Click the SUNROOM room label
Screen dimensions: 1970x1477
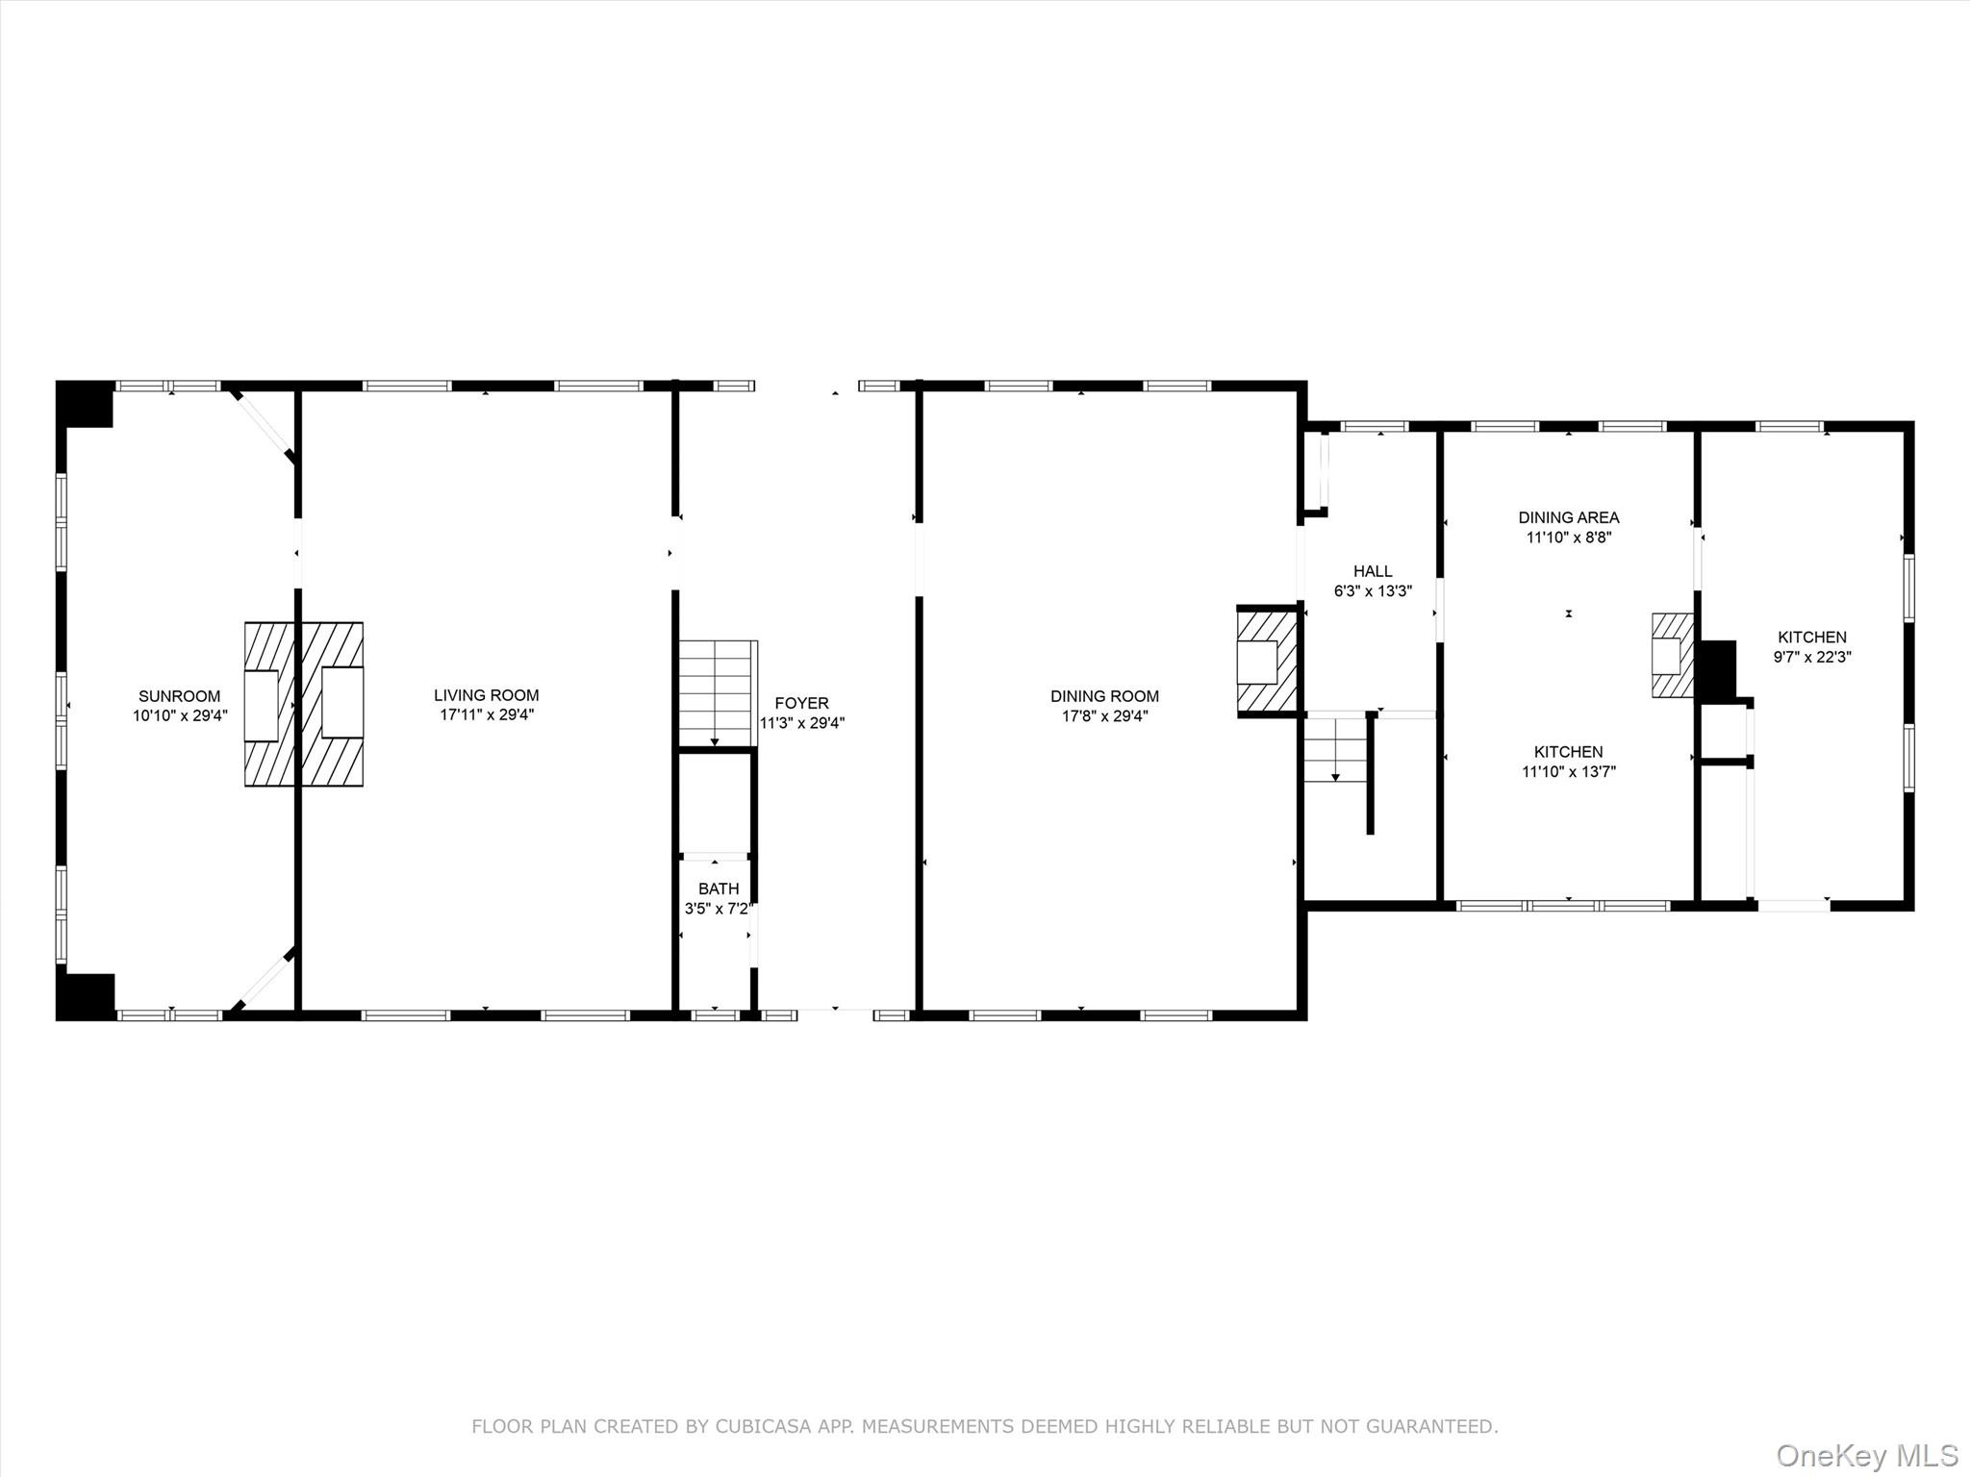[179, 696]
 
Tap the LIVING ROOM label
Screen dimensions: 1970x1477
[486, 695]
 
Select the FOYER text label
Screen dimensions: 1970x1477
[801, 703]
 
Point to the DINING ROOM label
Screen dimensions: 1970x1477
[1104, 696]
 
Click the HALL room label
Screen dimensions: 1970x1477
[1373, 571]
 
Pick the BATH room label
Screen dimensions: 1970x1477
[719, 889]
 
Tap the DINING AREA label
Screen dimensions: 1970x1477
[1569, 517]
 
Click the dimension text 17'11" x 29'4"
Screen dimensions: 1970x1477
[486, 714]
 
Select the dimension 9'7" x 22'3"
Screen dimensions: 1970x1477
[1812, 657]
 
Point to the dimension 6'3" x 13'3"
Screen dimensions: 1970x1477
[1373, 590]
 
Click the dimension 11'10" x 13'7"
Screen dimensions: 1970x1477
[1569, 771]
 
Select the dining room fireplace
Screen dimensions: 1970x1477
[1267, 662]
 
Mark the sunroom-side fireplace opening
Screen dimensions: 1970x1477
[261, 706]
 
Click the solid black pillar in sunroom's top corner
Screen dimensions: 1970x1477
[86, 405]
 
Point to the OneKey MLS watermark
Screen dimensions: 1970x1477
[1867, 1455]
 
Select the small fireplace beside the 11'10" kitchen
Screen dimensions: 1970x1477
[1673, 656]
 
